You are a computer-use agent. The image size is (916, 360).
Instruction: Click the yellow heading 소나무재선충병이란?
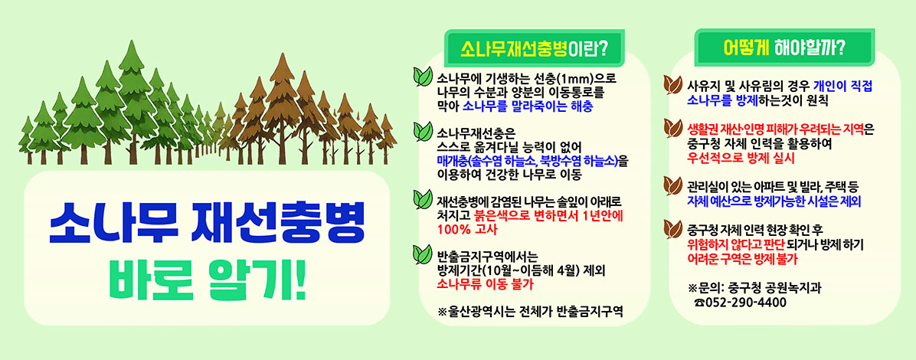(534, 49)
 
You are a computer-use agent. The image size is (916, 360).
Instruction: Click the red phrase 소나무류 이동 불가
(484, 283)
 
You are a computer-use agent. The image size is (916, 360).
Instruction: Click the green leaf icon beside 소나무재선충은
(422, 131)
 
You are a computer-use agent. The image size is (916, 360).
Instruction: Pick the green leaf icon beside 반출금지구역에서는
(422, 254)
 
